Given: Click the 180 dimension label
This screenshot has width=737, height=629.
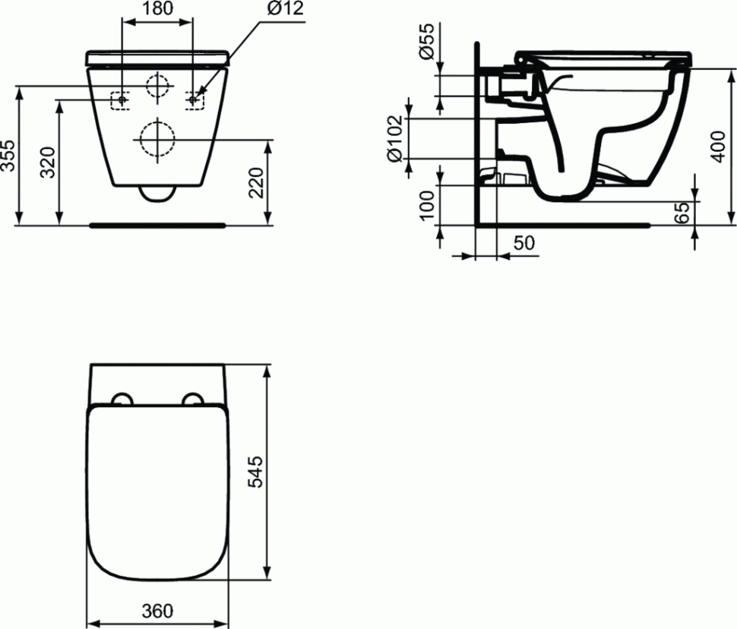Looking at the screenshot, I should (x=157, y=10).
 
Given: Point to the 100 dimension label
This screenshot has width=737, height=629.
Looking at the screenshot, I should (x=428, y=204).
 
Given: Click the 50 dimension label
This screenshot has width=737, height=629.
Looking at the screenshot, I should (x=524, y=244).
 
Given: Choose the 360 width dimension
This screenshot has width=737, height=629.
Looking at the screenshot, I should (x=157, y=610).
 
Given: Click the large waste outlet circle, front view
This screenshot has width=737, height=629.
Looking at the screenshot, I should (x=155, y=138).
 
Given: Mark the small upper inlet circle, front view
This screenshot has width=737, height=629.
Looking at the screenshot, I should (x=157, y=86).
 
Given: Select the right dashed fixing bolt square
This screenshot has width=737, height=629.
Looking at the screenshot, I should (x=195, y=100).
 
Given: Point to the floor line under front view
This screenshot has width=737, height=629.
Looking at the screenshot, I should (x=157, y=225).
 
